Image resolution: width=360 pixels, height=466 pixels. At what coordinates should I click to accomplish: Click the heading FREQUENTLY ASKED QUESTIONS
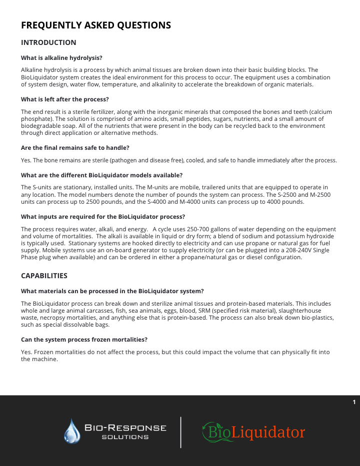coord(96,25)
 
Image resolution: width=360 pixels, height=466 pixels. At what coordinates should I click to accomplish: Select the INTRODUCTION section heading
coord(48,42)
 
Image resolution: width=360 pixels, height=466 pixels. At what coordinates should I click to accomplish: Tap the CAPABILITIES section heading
coord(44,276)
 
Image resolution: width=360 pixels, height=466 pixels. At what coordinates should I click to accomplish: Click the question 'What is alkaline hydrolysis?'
coord(61,58)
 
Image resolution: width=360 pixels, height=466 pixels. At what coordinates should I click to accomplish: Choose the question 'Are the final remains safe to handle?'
coord(75,148)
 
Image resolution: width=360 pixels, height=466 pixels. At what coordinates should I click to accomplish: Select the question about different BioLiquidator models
coord(101,175)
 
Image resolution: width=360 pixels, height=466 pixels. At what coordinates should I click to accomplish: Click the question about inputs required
coord(103,217)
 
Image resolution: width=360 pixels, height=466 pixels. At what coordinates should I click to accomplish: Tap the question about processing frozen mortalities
coord(84,340)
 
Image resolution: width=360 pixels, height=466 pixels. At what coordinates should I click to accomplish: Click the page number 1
coord(354,402)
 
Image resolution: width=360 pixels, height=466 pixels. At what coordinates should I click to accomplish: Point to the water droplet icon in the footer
coord(72,431)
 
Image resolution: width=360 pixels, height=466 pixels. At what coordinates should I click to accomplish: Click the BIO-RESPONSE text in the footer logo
coord(125,428)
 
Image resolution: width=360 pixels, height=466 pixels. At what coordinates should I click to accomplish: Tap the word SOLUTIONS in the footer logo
coord(125,437)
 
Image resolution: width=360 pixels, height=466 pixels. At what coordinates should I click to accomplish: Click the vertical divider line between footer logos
coord(180,432)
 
